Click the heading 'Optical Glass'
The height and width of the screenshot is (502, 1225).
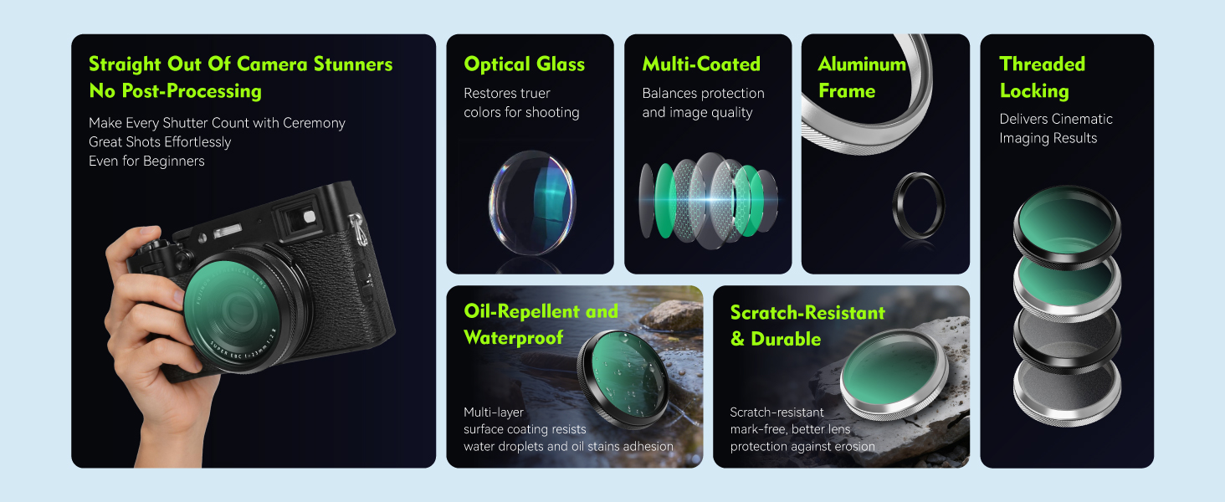click(524, 64)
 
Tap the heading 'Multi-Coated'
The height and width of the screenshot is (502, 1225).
click(701, 64)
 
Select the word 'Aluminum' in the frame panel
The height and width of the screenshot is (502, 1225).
click(862, 64)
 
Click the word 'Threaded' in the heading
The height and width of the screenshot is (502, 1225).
click(1042, 64)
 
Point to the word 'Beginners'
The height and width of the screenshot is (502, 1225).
click(173, 161)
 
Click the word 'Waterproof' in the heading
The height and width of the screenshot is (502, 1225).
click(514, 338)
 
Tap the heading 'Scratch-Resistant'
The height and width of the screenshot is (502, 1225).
click(807, 313)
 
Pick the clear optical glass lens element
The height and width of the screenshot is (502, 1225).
click(531, 202)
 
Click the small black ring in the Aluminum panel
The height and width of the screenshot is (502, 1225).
click(918, 206)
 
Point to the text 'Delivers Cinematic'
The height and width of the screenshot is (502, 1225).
click(1055, 119)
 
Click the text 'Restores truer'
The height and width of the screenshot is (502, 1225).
click(507, 94)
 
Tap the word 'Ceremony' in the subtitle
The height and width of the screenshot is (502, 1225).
click(314, 124)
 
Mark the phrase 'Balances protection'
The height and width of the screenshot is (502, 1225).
click(703, 94)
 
